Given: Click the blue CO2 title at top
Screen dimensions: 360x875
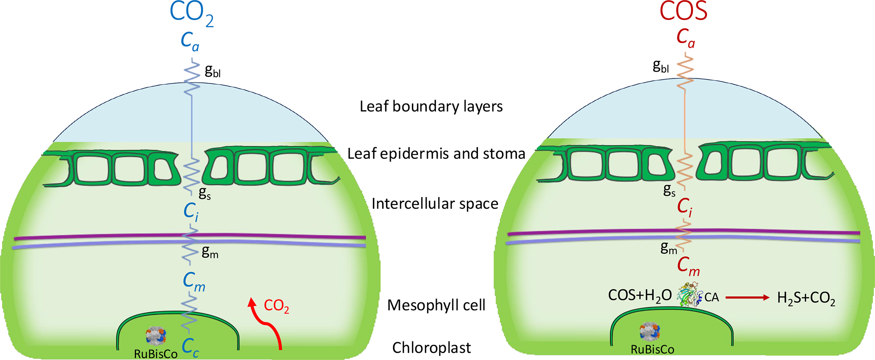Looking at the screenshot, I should [191, 14].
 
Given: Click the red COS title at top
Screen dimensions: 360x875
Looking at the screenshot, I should [683, 12].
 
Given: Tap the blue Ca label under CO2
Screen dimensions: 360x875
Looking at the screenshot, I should [190, 42].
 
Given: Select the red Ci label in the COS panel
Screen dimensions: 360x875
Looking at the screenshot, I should [685, 207].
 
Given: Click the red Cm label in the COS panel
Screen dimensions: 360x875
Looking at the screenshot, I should [688, 266].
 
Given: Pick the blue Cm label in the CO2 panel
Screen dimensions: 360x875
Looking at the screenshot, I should [194, 282].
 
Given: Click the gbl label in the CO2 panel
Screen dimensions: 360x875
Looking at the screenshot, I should [213, 71].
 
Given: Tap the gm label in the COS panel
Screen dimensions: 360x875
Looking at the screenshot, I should [669, 248].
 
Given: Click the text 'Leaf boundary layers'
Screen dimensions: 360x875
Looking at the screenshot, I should [431, 106].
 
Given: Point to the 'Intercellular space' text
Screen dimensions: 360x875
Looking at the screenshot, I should [435, 204].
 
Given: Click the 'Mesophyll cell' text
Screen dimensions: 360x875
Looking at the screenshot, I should [436, 305].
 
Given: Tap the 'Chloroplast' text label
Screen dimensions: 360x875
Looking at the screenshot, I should [431, 348].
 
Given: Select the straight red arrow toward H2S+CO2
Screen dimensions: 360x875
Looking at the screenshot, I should [747, 298].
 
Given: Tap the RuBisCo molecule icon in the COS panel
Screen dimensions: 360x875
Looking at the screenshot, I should [650, 332].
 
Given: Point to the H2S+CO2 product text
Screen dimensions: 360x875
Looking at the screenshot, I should [806, 298].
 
